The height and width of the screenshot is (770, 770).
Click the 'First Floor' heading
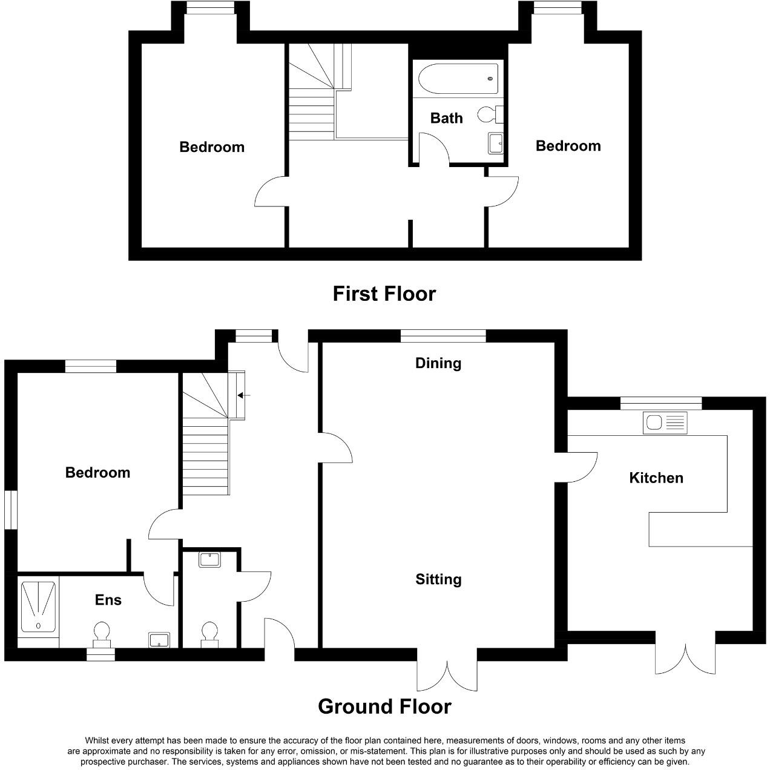coord(384,294)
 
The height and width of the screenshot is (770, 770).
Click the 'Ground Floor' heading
coord(384,706)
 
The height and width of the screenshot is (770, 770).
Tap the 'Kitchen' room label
coord(656,478)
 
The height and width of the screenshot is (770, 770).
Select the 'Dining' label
coord(438,363)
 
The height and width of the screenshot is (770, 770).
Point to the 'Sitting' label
coord(438,579)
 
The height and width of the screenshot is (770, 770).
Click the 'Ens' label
coord(108,599)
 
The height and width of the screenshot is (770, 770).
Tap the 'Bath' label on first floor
coord(446,118)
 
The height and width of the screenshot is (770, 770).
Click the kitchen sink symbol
coord(665,423)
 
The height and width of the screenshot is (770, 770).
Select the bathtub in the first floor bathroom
coord(458,78)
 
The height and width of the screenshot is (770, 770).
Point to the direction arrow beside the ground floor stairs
coord(243,395)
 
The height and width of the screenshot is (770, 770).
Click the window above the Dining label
coord(443,335)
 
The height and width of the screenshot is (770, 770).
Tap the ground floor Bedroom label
coord(97,472)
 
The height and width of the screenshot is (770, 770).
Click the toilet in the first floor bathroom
coord(487,114)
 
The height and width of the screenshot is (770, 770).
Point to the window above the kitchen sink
coord(660,403)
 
